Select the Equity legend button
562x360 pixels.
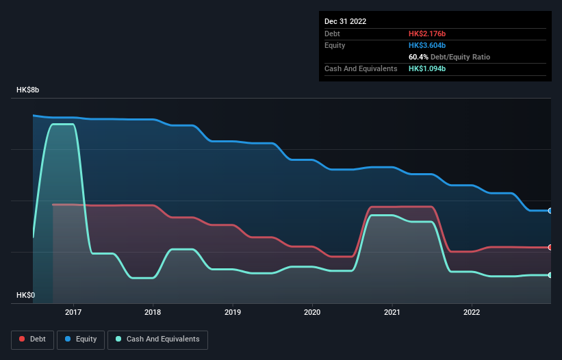[x=81, y=339]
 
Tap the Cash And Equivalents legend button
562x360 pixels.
[x=158, y=339]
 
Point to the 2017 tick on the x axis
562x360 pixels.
[x=73, y=312]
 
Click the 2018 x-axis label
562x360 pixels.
[x=153, y=312]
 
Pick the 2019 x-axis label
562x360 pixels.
[x=233, y=312]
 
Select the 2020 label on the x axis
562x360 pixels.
[x=312, y=312]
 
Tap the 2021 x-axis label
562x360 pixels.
[x=392, y=312]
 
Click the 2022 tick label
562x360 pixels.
[x=472, y=312]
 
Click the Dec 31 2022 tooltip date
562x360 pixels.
[x=346, y=21]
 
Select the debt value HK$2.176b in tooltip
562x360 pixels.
[x=428, y=34]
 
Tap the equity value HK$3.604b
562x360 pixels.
[x=428, y=45]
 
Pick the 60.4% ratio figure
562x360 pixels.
[x=418, y=57]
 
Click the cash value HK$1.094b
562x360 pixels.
[x=428, y=69]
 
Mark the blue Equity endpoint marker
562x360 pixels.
[x=550, y=211]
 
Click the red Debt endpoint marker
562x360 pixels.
[x=550, y=247]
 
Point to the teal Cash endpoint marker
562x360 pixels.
[x=550, y=275]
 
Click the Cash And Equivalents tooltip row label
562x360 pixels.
[x=361, y=69]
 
